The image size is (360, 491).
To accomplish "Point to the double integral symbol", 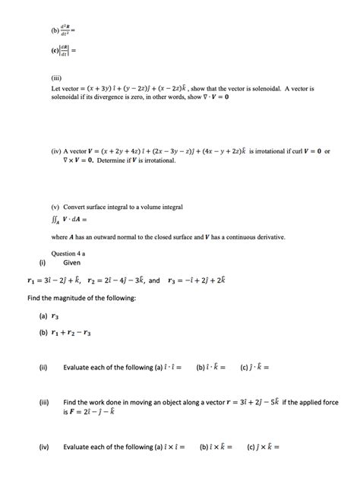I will pyautogui.click(x=55, y=221).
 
